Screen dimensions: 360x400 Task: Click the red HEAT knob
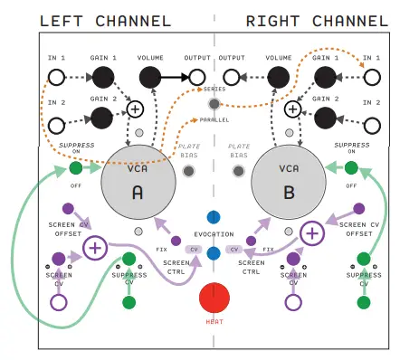coord(214,298)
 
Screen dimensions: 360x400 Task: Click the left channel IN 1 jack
coord(56,79)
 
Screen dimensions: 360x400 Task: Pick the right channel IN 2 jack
coord(371,117)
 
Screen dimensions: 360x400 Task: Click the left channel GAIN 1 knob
coord(102,79)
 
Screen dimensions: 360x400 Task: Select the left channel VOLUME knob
coord(150,79)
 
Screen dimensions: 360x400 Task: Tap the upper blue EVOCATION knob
coord(214,218)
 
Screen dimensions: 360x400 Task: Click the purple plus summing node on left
coord(95,247)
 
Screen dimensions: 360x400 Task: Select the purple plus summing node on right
coord(312,232)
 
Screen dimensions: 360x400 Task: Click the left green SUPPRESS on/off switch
coord(76,168)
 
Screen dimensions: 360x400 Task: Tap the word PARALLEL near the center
coord(214,118)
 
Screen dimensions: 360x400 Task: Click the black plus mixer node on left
coord(136,109)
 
